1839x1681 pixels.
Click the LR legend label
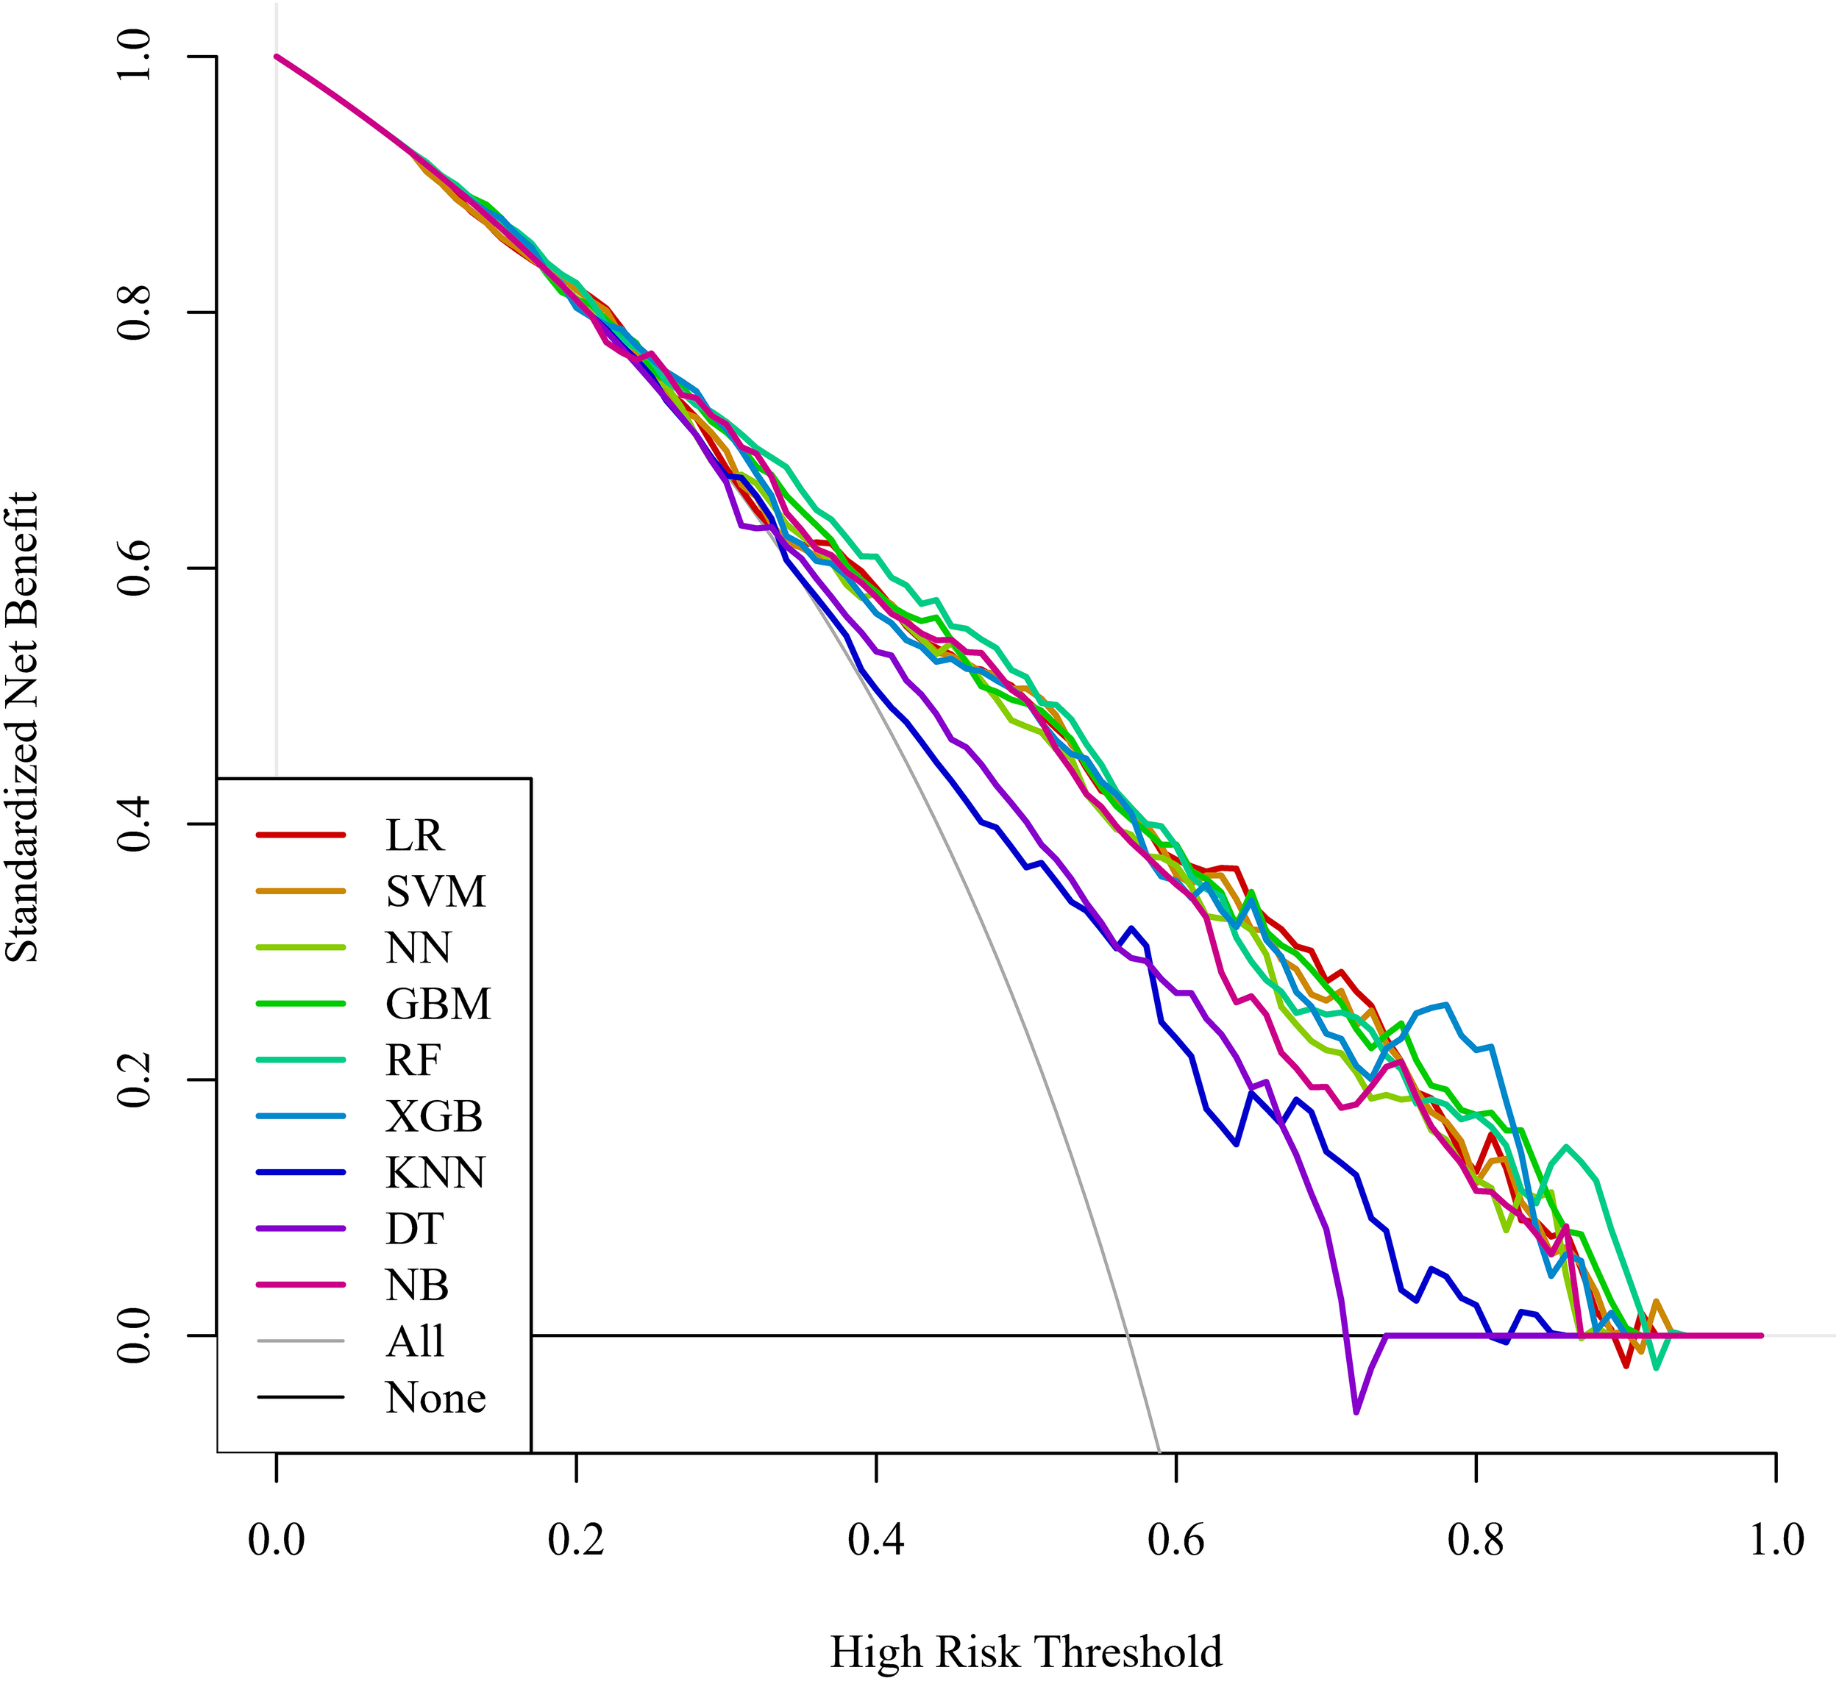coord(414,835)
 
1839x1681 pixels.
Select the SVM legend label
coord(435,891)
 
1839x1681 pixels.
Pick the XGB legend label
coord(433,1116)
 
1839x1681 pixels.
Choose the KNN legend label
coord(435,1172)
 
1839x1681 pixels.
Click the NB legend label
coord(417,1285)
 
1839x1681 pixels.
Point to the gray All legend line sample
coord(300,1341)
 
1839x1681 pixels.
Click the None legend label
coord(435,1397)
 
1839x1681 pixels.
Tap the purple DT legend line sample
coord(300,1229)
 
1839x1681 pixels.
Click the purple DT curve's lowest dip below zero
coord(1356,1412)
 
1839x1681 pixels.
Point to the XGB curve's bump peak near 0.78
coord(1446,1005)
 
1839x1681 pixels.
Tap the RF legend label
coord(413,1060)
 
